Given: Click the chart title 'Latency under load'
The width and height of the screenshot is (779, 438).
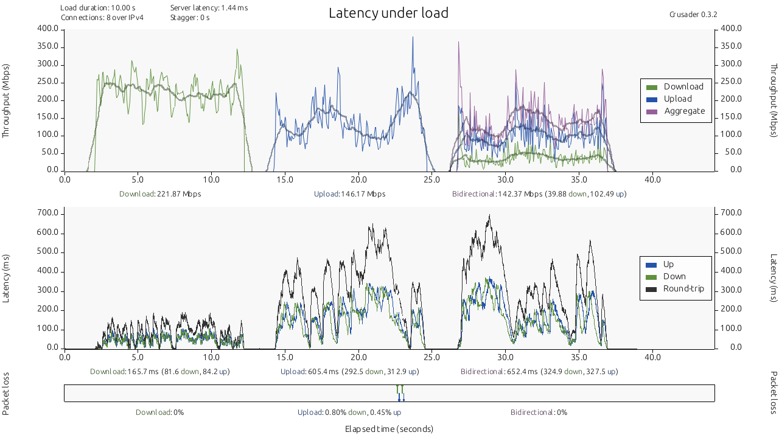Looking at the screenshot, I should pos(388,13).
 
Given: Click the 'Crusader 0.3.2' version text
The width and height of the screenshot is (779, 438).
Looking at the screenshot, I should pos(693,15).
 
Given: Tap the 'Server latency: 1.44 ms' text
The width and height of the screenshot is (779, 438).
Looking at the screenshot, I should pos(209,8).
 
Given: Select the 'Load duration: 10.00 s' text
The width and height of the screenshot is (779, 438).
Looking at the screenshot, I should pos(98,8).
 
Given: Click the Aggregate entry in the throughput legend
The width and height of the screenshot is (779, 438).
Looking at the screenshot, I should pos(684,111).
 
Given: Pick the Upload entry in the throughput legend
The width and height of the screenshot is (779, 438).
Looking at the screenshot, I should pos(677,99).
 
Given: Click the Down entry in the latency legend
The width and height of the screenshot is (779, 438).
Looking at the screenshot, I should pos(674,276).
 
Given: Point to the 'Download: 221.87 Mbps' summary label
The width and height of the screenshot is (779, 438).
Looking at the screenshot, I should pos(160,194).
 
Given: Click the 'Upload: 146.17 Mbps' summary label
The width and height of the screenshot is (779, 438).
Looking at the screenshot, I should pos(349,194).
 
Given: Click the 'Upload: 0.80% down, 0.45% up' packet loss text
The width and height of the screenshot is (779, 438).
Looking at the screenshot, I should pos(349,412).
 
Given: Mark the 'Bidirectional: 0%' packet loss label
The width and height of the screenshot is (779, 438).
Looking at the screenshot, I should pos(539,412).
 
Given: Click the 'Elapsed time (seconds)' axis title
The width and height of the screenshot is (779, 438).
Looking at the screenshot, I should pos(389,429).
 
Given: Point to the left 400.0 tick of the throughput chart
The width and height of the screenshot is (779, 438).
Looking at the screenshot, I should pos(47,29).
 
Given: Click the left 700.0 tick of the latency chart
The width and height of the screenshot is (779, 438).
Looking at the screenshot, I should pos(47,213).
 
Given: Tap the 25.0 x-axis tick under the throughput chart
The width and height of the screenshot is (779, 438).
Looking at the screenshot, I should pos(431,179).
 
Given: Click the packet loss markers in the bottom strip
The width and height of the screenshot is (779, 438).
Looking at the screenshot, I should pos(400,393).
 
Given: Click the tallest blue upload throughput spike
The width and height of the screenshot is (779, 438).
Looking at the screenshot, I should pos(413,38).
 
